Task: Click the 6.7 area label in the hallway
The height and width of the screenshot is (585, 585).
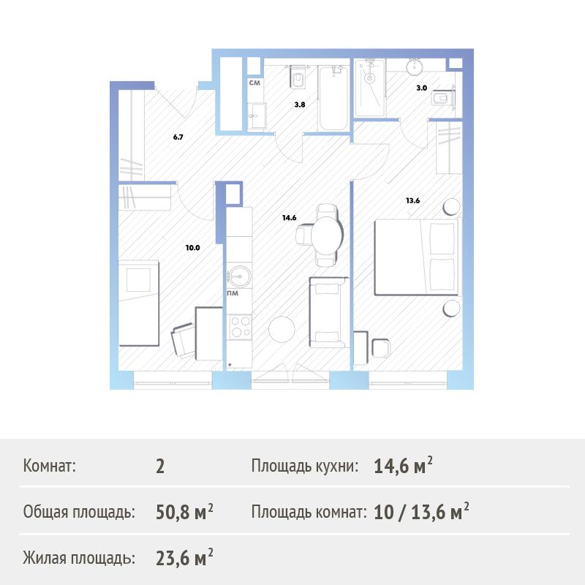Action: coord(178,137)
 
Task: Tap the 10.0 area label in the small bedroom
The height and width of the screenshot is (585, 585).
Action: coord(193,247)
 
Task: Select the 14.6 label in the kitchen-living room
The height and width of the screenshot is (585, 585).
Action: coord(289,217)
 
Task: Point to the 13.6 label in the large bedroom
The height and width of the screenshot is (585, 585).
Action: coord(412,200)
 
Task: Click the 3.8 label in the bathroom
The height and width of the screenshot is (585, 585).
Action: coord(300,105)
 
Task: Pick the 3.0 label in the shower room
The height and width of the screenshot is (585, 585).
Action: coord(422,88)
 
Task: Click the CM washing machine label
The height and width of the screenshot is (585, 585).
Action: coord(254,83)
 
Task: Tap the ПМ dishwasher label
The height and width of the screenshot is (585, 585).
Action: coord(233,293)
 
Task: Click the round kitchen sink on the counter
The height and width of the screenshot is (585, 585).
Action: coord(239,276)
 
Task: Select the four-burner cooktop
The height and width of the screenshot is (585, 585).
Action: coord(241,327)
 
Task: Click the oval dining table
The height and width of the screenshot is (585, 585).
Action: coord(327,235)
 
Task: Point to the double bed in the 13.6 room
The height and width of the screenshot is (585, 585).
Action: coord(416,257)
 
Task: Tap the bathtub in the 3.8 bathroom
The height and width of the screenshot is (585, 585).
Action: coord(333,98)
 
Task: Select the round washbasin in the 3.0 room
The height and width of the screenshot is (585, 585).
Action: coord(415,67)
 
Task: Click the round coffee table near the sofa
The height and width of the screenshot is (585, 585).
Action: coord(282,329)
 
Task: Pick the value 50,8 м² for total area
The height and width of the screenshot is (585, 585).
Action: coord(184,511)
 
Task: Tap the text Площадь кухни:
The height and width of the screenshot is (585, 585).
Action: coord(304,466)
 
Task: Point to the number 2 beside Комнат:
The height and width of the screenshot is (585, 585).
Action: coord(160,467)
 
